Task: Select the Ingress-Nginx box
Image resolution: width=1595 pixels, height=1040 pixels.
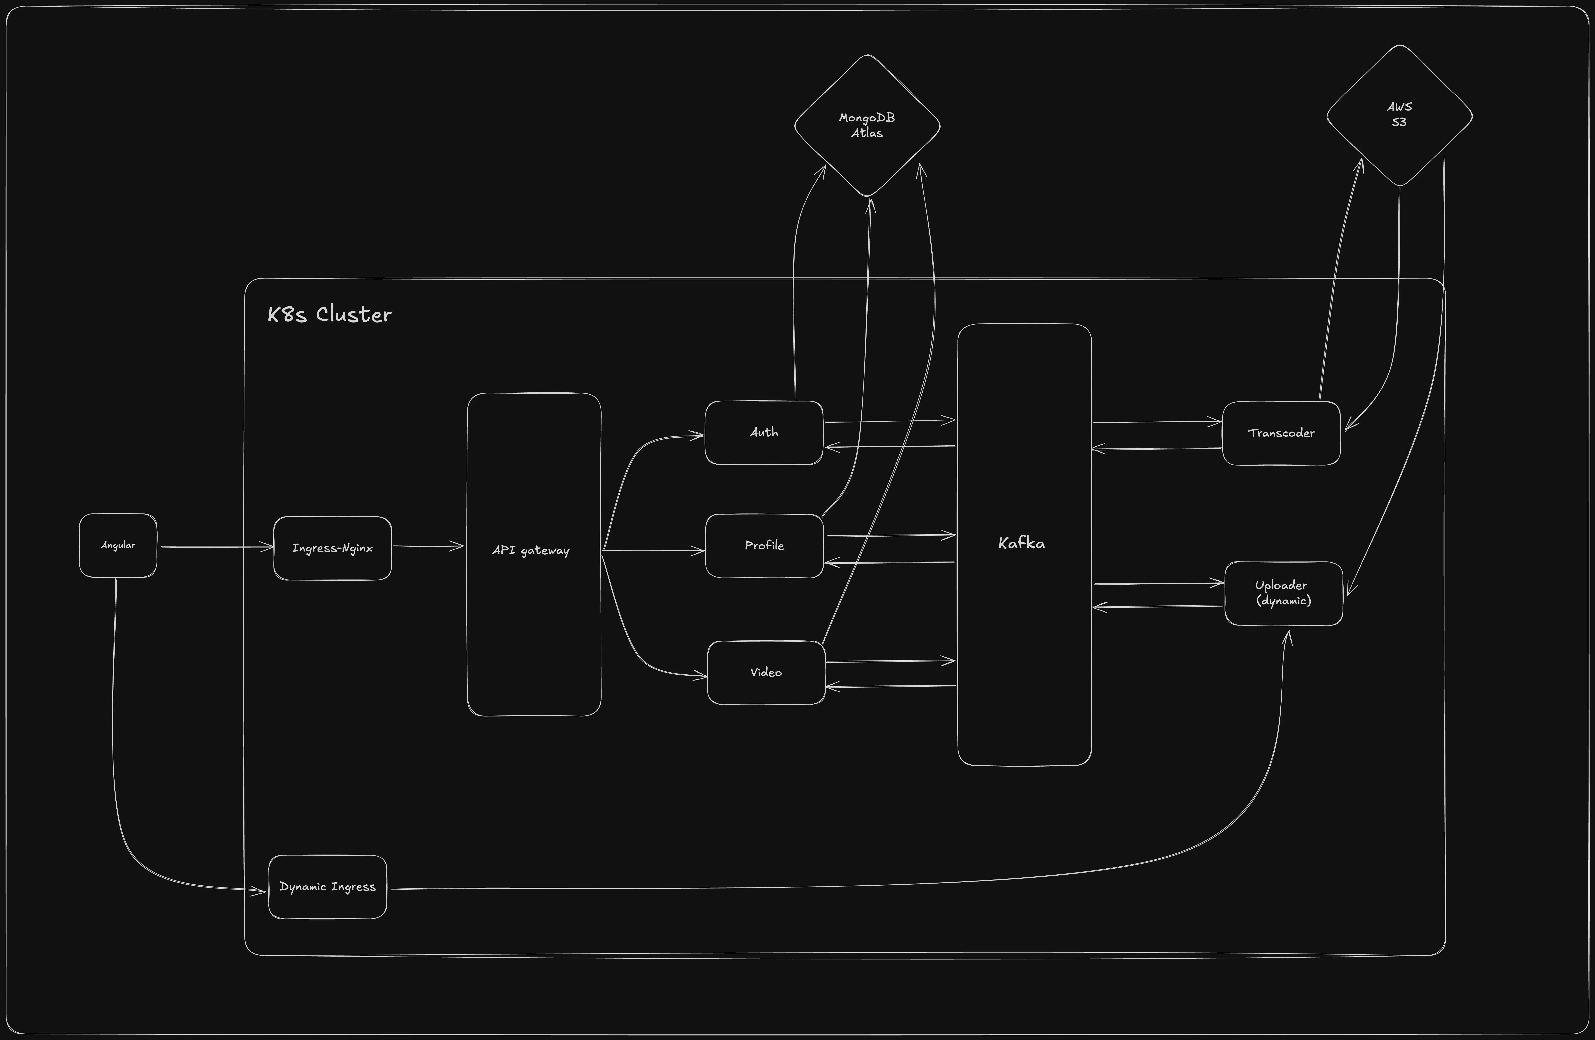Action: point(332,548)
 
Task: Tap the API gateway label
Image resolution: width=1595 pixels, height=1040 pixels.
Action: point(531,550)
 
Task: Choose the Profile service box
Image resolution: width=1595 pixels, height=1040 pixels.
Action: point(764,546)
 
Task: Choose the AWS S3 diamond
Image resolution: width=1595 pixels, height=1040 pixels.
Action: point(1399,115)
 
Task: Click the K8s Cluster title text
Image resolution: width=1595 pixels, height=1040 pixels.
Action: point(329,314)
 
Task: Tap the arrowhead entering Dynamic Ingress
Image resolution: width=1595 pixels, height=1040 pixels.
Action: point(260,891)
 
